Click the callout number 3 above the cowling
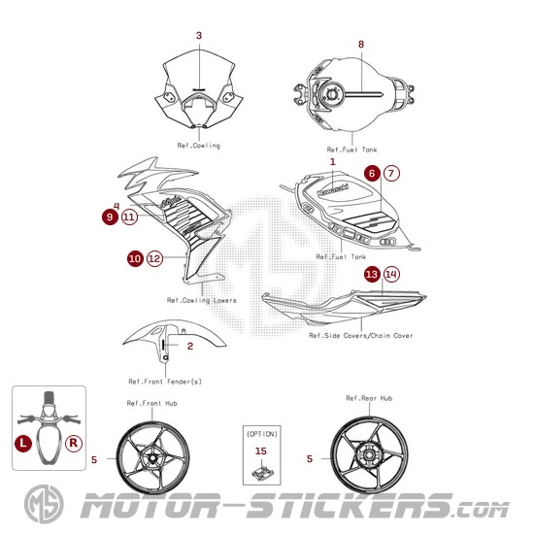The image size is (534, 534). pyautogui.click(x=199, y=35)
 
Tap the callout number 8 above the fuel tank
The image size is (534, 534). pyautogui.click(x=361, y=45)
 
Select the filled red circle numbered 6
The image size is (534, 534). pyautogui.click(x=372, y=174)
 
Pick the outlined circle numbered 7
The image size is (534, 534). pyautogui.click(x=391, y=174)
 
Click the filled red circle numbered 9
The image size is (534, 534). pyautogui.click(x=110, y=217)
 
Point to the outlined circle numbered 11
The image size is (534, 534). pyautogui.click(x=129, y=217)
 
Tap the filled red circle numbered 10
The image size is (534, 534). pyautogui.click(x=135, y=258)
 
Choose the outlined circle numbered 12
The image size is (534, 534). pyautogui.click(x=154, y=258)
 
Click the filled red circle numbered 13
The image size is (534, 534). pyautogui.click(x=372, y=274)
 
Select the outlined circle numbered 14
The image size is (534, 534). pyautogui.click(x=391, y=274)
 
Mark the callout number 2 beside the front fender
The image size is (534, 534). pyautogui.click(x=190, y=347)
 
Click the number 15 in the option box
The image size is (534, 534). pyautogui.click(x=261, y=451)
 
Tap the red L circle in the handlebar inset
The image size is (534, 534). pyautogui.click(x=23, y=443)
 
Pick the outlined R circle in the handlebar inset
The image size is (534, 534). pyautogui.click(x=74, y=443)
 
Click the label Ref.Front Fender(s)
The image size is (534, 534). pyautogui.click(x=165, y=382)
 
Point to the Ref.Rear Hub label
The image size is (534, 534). pyautogui.click(x=369, y=398)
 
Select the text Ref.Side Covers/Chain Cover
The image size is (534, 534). pyautogui.click(x=361, y=336)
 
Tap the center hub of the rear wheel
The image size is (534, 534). pyautogui.click(x=369, y=455)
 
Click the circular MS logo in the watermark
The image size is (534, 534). pyautogui.click(x=44, y=504)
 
